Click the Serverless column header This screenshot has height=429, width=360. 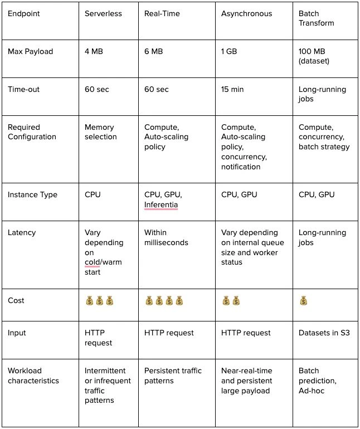103,13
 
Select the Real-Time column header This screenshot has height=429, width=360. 162,13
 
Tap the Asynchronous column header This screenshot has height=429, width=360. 247,13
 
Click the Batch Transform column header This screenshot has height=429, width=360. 316,18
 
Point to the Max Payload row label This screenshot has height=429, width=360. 30,51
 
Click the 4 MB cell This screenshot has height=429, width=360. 94,51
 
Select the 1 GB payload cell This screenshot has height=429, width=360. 228,51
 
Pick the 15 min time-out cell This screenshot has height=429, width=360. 232,89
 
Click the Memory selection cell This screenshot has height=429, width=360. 100,132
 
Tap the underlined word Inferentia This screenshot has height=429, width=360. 160,204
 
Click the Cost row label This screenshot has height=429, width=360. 16,300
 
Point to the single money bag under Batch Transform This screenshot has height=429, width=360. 303,301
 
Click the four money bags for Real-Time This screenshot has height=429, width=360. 164,301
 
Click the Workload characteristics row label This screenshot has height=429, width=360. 33,376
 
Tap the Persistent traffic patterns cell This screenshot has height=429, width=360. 173,376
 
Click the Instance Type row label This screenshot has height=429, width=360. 32,195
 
